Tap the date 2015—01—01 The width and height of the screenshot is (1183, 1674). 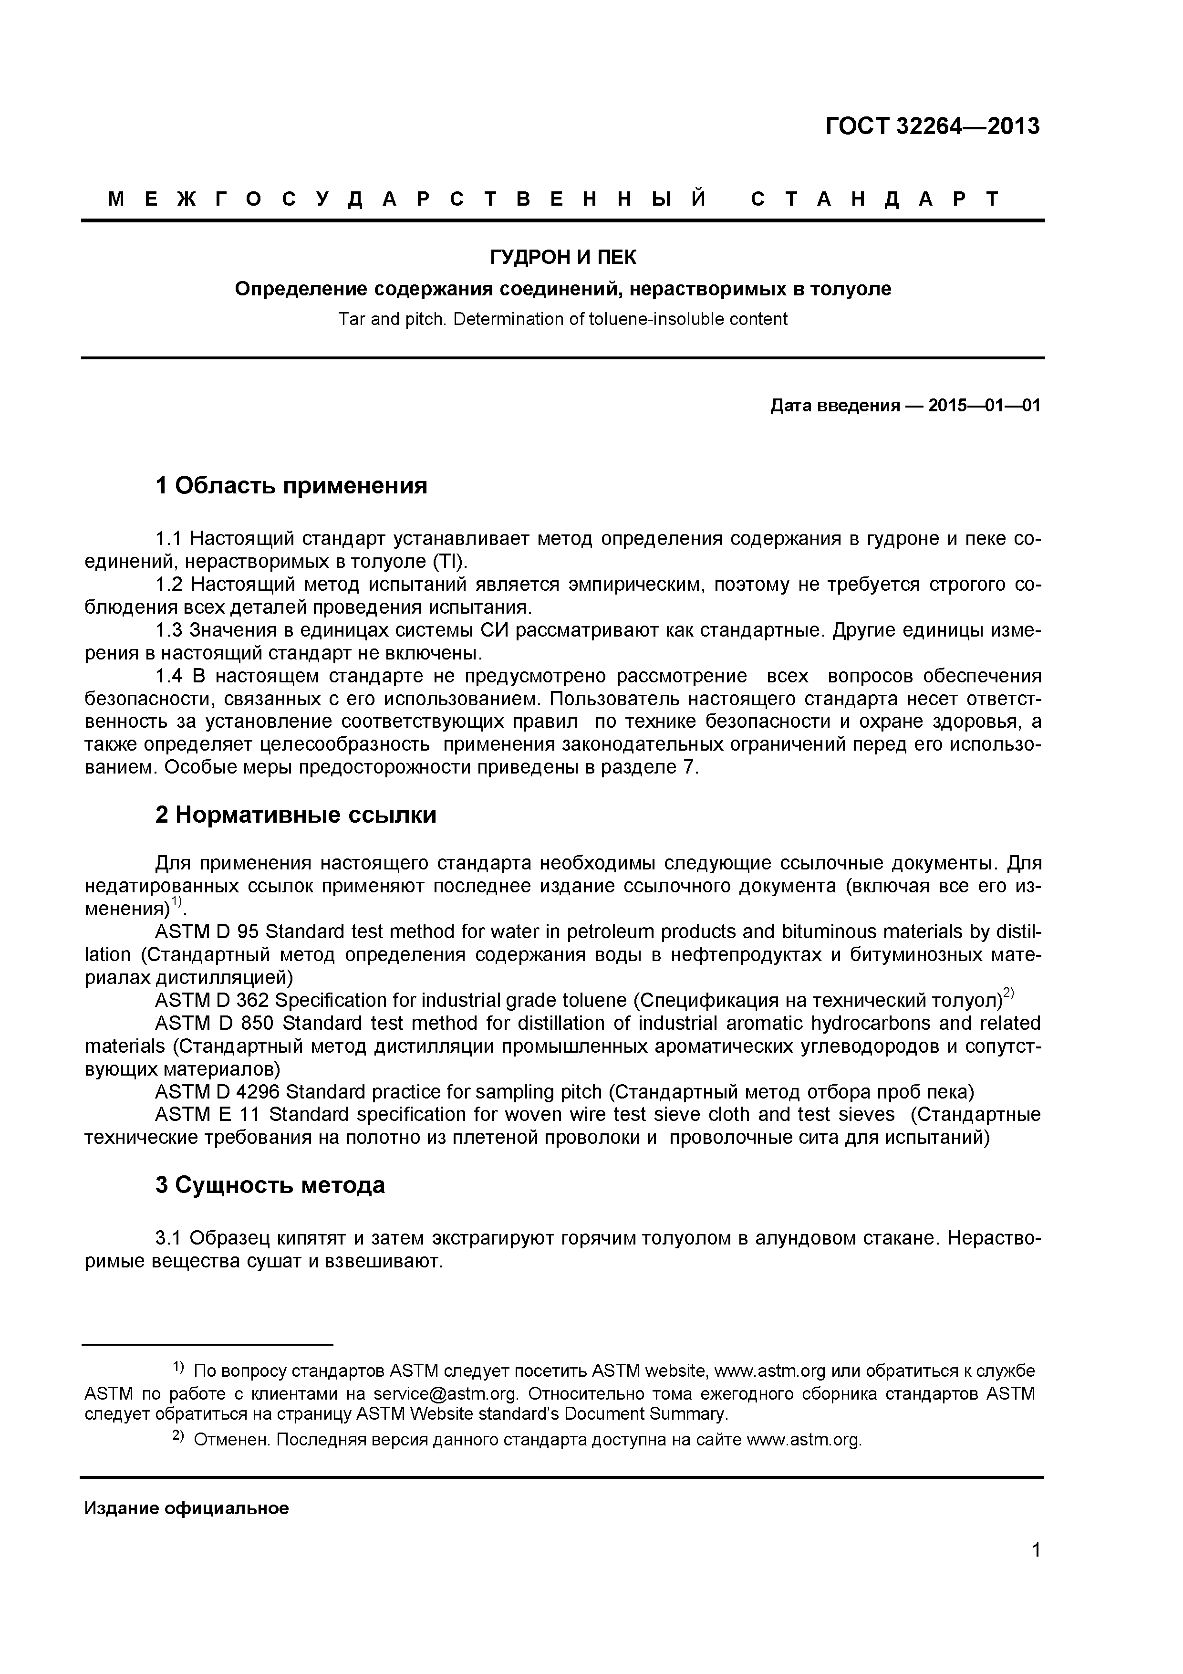(984, 406)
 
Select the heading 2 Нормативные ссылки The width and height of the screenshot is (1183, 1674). (296, 815)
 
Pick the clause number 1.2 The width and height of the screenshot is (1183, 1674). (170, 585)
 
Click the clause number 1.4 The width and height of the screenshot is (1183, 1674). (170, 676)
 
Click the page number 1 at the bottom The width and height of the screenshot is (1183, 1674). (1036, 1570)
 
